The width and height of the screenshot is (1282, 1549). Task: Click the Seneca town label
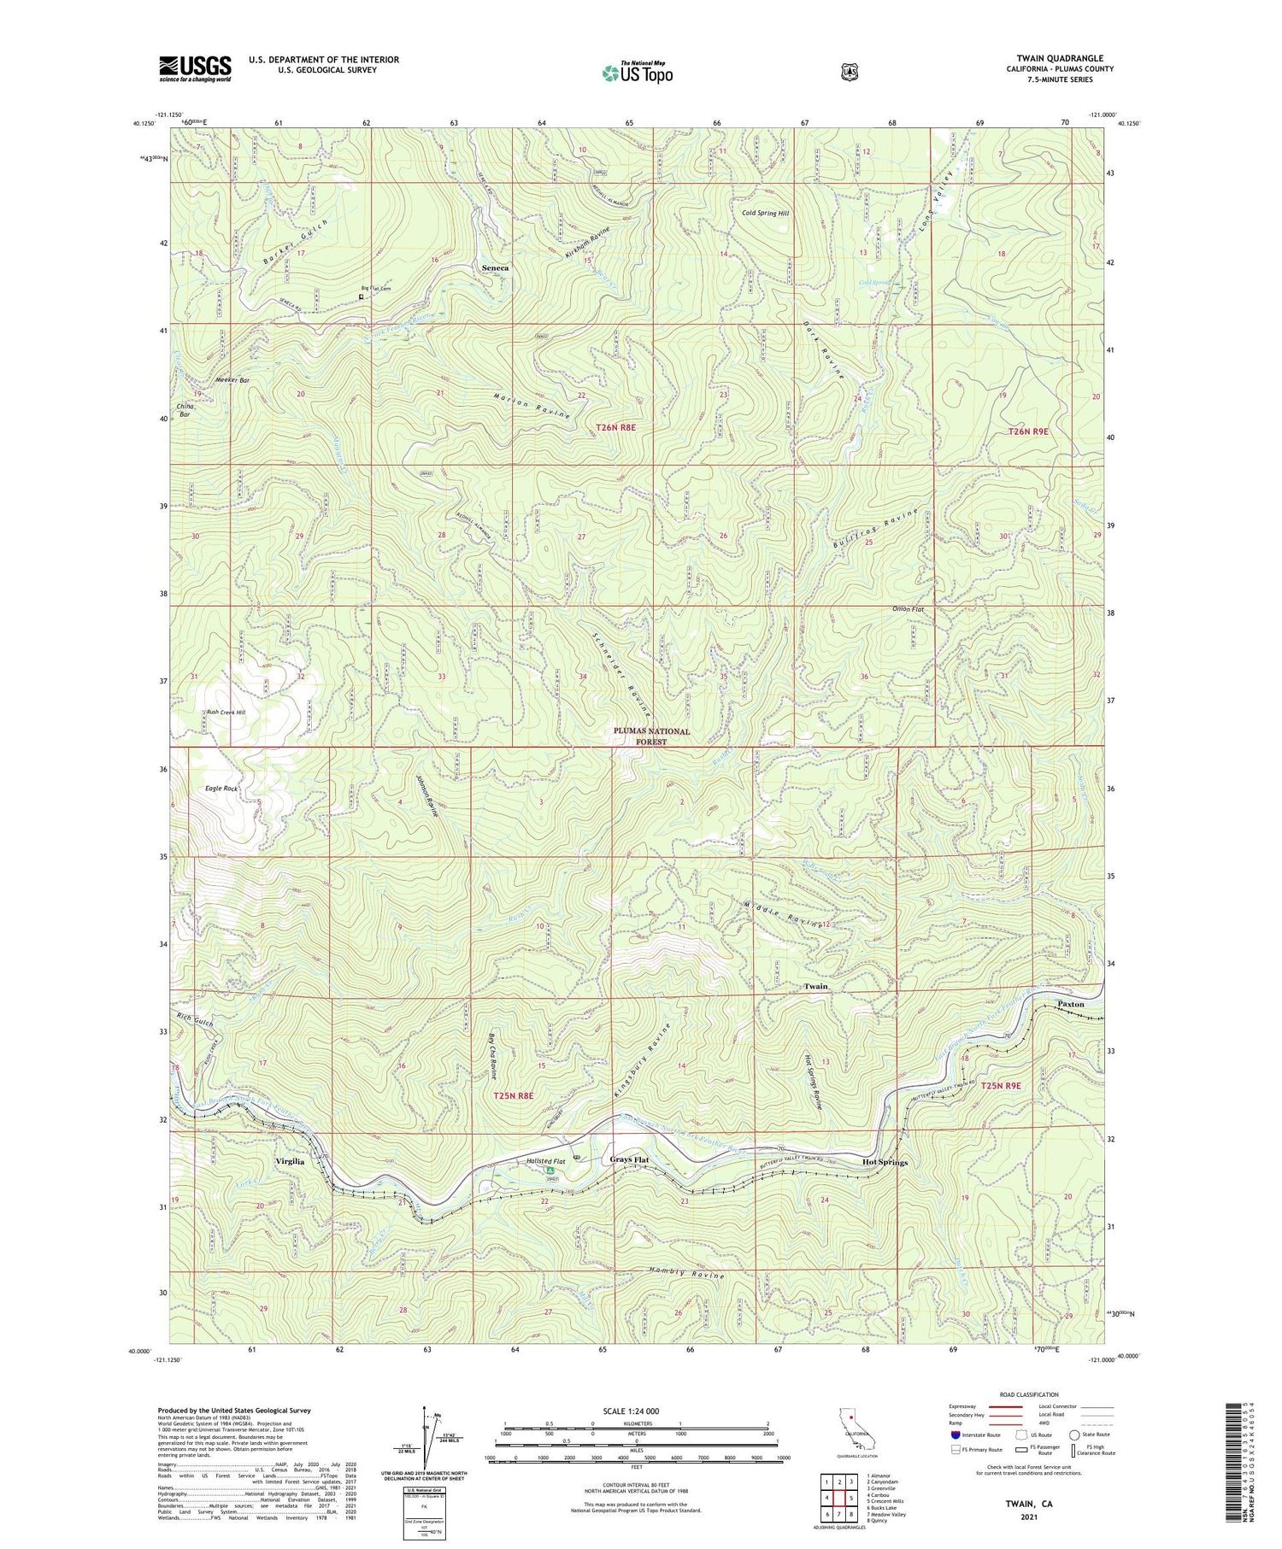pyautogui.click(x=495, y=267)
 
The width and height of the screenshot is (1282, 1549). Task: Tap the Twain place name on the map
pyautogui.click(x=815, y=986)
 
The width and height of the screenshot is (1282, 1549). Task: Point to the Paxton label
pyautogui.click(x=1070, y=1004)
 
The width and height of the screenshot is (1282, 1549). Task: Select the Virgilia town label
pyautogui.click(x=290, y=1162)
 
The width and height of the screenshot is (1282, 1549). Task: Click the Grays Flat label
pyautogui.click(x=629, y=1159)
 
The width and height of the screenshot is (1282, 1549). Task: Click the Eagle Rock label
pyautogui.click(x=221, y=789)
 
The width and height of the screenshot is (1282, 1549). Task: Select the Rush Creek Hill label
pyautogui.click(x=226, y=712)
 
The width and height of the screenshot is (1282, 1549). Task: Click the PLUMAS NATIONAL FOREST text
pyautogui.click(x=651, y=736)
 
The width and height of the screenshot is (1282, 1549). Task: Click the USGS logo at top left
pyautogui.click(x=195, y=68)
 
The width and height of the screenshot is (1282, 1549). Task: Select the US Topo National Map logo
pyautogui.click(x=638, y=73)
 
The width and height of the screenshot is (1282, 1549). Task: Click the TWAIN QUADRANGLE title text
pyautogui.click(x=1059, y=58)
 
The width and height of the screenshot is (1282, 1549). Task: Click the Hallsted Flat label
pyautogui.click(x=546, y=1161)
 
